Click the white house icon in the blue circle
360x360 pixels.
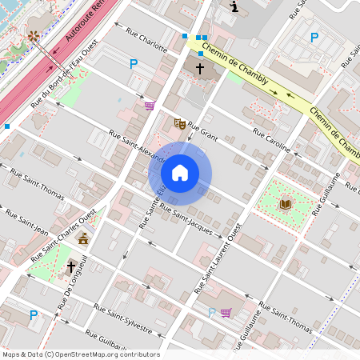point(180,173)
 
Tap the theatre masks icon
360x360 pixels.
point(180,124)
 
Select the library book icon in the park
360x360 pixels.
point(286,204)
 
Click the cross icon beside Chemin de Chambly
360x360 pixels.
point(200,69)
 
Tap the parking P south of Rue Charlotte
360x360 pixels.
point(134,64)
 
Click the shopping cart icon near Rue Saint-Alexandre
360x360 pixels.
point(150,106)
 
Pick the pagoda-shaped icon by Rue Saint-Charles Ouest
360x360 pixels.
point(83,238)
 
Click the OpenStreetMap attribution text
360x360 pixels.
point(81,354)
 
